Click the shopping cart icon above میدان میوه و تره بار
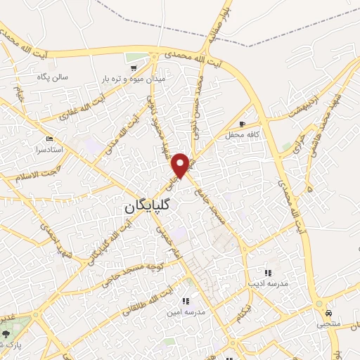(x=134, y=69)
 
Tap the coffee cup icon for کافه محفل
(x=243, y=124)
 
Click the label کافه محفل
(x=243, y=134)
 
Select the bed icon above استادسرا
(x=49, y=139)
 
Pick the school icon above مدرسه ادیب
(x=267, y=273)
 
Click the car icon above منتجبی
(x=328, y=313)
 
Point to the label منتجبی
(x=327, y=324)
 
